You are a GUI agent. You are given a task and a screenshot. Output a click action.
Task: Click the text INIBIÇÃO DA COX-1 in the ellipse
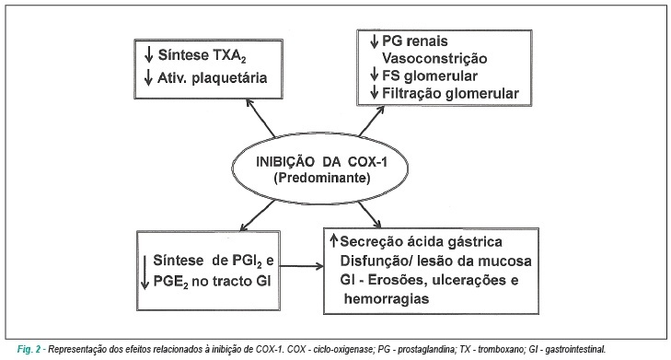click(x=321, y=162)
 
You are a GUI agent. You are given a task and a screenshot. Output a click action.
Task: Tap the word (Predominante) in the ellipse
click(x=322, y=178)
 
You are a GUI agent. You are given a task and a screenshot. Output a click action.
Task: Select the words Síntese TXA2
click(x=202, y=55)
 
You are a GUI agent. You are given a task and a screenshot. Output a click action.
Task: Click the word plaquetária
click(x=229, y=78)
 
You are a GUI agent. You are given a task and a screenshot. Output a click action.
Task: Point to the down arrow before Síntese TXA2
click(x=148, y=55)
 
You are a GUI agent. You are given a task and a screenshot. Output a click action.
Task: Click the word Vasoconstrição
click(x=434, y=59)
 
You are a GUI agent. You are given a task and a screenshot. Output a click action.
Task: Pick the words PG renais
click(x=415, y=41)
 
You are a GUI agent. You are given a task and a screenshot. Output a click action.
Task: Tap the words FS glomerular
click(x=430, y=75)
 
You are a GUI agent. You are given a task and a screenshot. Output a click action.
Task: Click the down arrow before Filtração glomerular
click(x=375, y=92)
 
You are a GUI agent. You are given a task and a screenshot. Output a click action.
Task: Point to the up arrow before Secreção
click(x=334, y=240)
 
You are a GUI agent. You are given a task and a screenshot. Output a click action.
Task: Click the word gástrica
click(x=475, y=242)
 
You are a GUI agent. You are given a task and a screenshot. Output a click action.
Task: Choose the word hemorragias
click(x=387, y=298)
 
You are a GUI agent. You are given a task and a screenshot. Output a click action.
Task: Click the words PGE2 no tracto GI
click(x=212, y=282)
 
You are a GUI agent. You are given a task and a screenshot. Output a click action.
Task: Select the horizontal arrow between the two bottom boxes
click(x=302, y=266)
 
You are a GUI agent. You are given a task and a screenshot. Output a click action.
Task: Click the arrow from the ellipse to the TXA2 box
click(x=260, y=117)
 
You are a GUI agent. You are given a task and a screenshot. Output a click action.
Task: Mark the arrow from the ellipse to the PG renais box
click(x=372, y=122)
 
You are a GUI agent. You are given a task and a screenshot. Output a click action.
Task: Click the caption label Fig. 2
click(x=29, y=349)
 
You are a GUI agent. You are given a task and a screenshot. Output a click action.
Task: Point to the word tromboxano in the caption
click(x=500, y=349)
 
